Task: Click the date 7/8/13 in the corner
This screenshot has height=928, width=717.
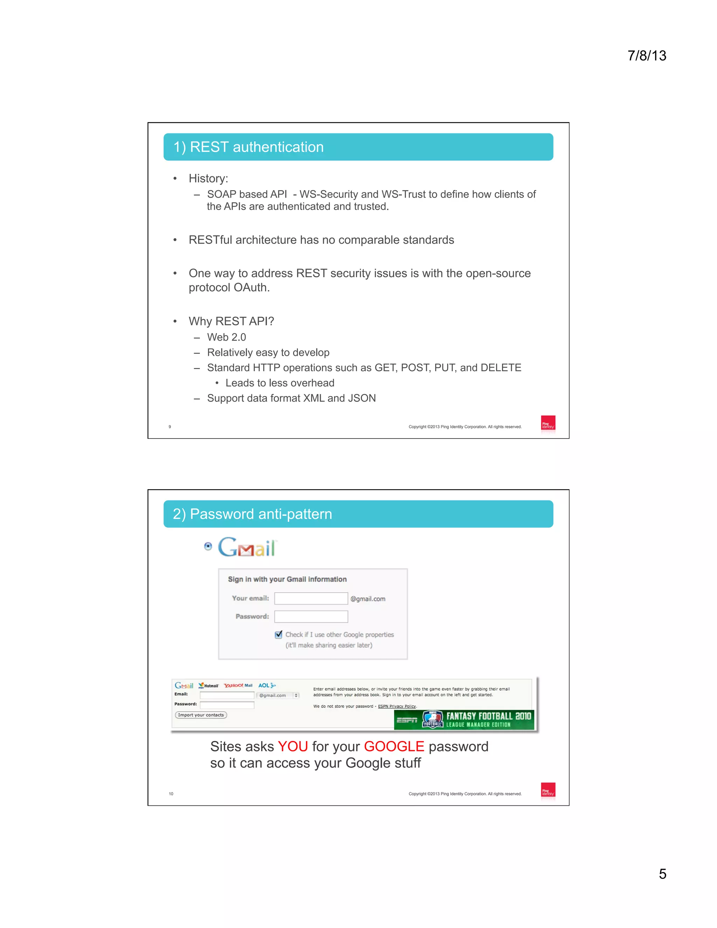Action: (647, 56)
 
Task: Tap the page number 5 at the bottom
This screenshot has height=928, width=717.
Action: (662, 874)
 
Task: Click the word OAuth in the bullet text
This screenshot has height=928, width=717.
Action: (251, 288)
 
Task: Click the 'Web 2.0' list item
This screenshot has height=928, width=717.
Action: (227, 337)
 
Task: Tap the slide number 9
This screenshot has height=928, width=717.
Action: (170, 427)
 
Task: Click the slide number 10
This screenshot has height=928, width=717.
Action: (171, 794)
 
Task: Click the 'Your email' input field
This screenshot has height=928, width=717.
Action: (311, 598)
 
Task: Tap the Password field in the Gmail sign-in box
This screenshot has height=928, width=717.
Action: (311, 617)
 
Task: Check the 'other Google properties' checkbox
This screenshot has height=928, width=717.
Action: (279, 635)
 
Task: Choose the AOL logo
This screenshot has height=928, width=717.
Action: (266, 685)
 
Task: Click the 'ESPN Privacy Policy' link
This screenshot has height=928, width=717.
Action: (397, 706)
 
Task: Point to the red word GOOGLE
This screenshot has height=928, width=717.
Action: (394, 747)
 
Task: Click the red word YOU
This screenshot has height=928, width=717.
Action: (293, 747)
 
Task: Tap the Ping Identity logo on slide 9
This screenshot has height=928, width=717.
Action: (548, 423)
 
